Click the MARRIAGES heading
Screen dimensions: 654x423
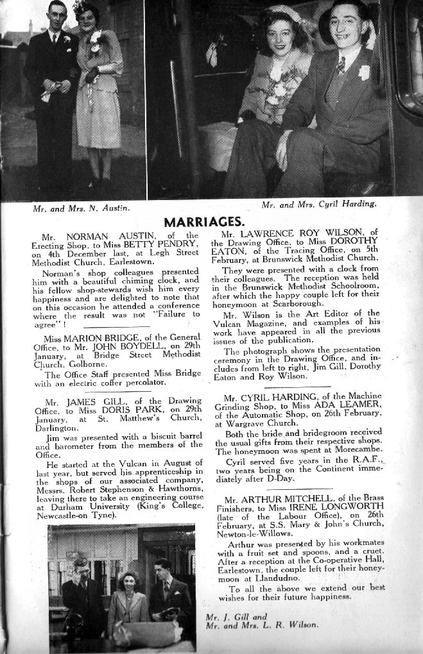click(x=205, y=222)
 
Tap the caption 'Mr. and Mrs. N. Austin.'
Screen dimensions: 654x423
click(x=81, y=208)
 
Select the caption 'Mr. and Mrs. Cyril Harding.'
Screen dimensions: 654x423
click(x=319, y=205)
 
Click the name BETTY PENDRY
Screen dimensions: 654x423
click(x=171, y=244)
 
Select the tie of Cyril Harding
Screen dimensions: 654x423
click(x=340, y=65)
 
